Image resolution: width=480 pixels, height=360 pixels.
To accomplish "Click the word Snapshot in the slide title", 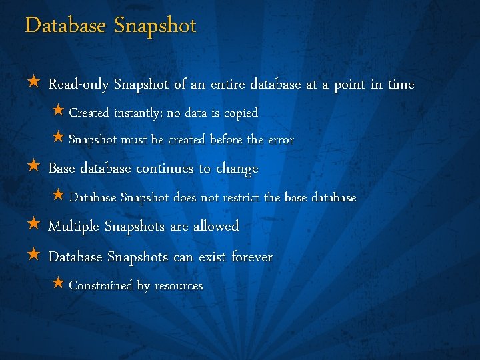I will (x=155, y=26).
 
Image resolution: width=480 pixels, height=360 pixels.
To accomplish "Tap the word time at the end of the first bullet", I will (x=401, y=85).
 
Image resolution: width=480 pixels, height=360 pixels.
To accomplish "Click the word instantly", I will (x=137, y=113).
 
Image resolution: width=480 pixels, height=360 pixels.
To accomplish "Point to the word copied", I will (x=241, y=113).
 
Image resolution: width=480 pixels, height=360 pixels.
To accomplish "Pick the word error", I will (x=281, y=140).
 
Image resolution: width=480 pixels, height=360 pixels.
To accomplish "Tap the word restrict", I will (x=241, y=197).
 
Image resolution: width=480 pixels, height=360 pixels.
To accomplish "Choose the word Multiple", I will (x=74, y=227).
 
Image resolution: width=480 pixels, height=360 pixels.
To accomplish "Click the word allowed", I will (x=216, y=227).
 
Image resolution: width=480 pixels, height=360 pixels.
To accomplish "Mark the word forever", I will (x=252, y=257).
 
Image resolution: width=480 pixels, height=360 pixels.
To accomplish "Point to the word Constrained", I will (x=101, y=285).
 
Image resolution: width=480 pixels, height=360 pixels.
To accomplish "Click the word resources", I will (x=179, y=286).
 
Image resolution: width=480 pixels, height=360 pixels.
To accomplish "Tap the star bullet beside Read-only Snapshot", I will (x=34, y=83).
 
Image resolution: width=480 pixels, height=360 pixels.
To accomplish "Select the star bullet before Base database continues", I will (x=34, y=167).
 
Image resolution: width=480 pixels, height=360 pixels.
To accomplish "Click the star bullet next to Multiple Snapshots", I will (x=34, y=225).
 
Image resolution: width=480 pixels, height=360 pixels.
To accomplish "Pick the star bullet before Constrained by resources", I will (x=58, y=284).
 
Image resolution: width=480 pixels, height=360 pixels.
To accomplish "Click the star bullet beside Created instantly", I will (x=58, y=111).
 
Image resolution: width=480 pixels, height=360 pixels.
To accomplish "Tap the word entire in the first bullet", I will (x=227, y=85).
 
